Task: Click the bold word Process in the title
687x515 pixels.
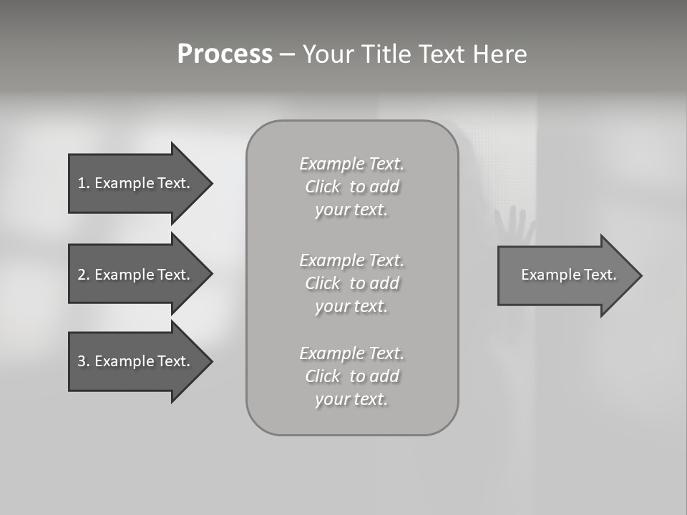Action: [225, 54]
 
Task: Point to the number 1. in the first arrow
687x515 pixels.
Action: [83, 183]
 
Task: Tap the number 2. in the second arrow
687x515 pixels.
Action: [83, 275]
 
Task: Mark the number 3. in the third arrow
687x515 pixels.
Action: [83, 361]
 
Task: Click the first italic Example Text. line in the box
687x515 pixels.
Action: [351, 164]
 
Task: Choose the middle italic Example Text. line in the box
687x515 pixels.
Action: [351, 260]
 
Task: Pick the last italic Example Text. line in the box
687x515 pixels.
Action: [351, 353]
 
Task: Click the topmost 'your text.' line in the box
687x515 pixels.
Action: [351, 210]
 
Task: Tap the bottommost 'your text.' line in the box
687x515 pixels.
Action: [351, 400]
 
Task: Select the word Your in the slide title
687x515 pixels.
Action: [329, 54]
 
